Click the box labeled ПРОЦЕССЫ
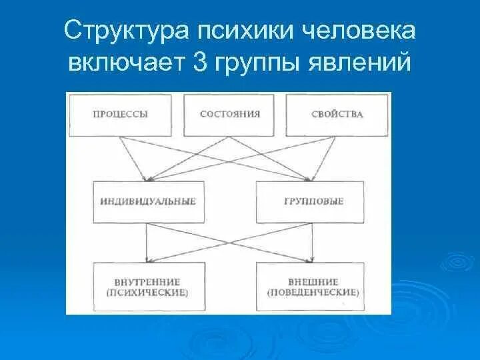(x=121, y=115)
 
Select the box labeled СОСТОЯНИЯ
(x=229, y=115)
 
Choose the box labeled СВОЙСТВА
(x=337, y=115)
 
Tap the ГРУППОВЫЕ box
(x=311, y=201)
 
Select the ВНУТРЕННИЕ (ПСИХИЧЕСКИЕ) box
(x=147, y=287)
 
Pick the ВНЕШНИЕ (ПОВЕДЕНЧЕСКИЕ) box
(x=311, y=287)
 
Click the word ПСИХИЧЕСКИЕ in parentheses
(x=147, y=293)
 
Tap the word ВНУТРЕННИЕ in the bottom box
(x=147, y=282)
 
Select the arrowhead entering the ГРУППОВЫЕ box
(x=311, y=178)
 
